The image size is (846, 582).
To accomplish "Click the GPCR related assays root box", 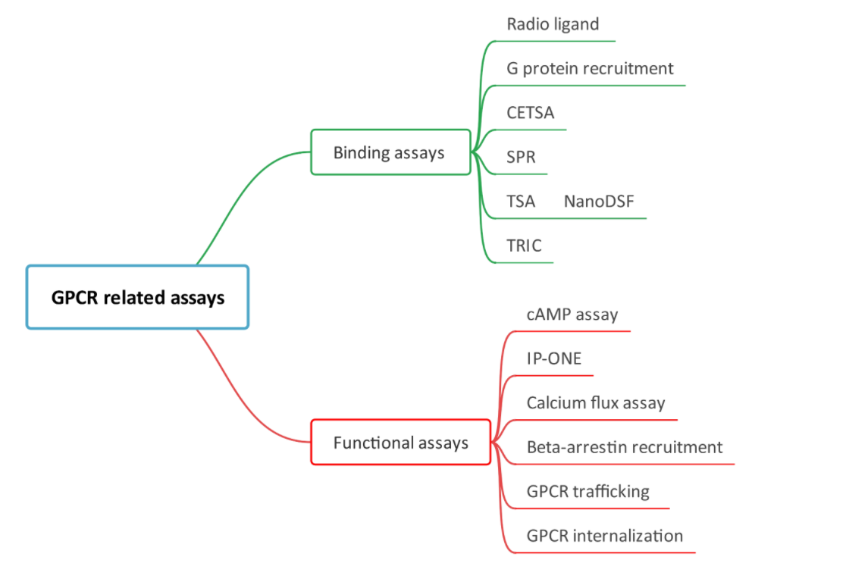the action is (137, 296).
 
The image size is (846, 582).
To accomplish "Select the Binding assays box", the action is (391, 152).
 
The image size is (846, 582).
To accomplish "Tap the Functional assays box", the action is (401, 443).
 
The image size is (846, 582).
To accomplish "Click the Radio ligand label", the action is (553, 25).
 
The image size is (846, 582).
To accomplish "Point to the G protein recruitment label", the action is (590, 69).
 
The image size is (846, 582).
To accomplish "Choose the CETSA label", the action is (531, 113).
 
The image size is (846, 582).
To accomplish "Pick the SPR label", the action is (521, 157).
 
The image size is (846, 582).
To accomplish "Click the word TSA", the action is (521, 201).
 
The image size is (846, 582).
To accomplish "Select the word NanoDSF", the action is (599, 201).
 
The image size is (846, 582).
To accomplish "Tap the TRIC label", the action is (524, 246).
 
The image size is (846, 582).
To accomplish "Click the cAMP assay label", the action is (572, 314).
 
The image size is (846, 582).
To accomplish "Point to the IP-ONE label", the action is (554, 358).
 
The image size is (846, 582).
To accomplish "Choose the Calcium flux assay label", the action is (596, 403).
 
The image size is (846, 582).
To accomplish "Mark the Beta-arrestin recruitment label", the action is (624, 447).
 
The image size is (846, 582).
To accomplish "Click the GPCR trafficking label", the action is (588, 492).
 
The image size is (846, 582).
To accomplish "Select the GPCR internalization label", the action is (605, 536).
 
